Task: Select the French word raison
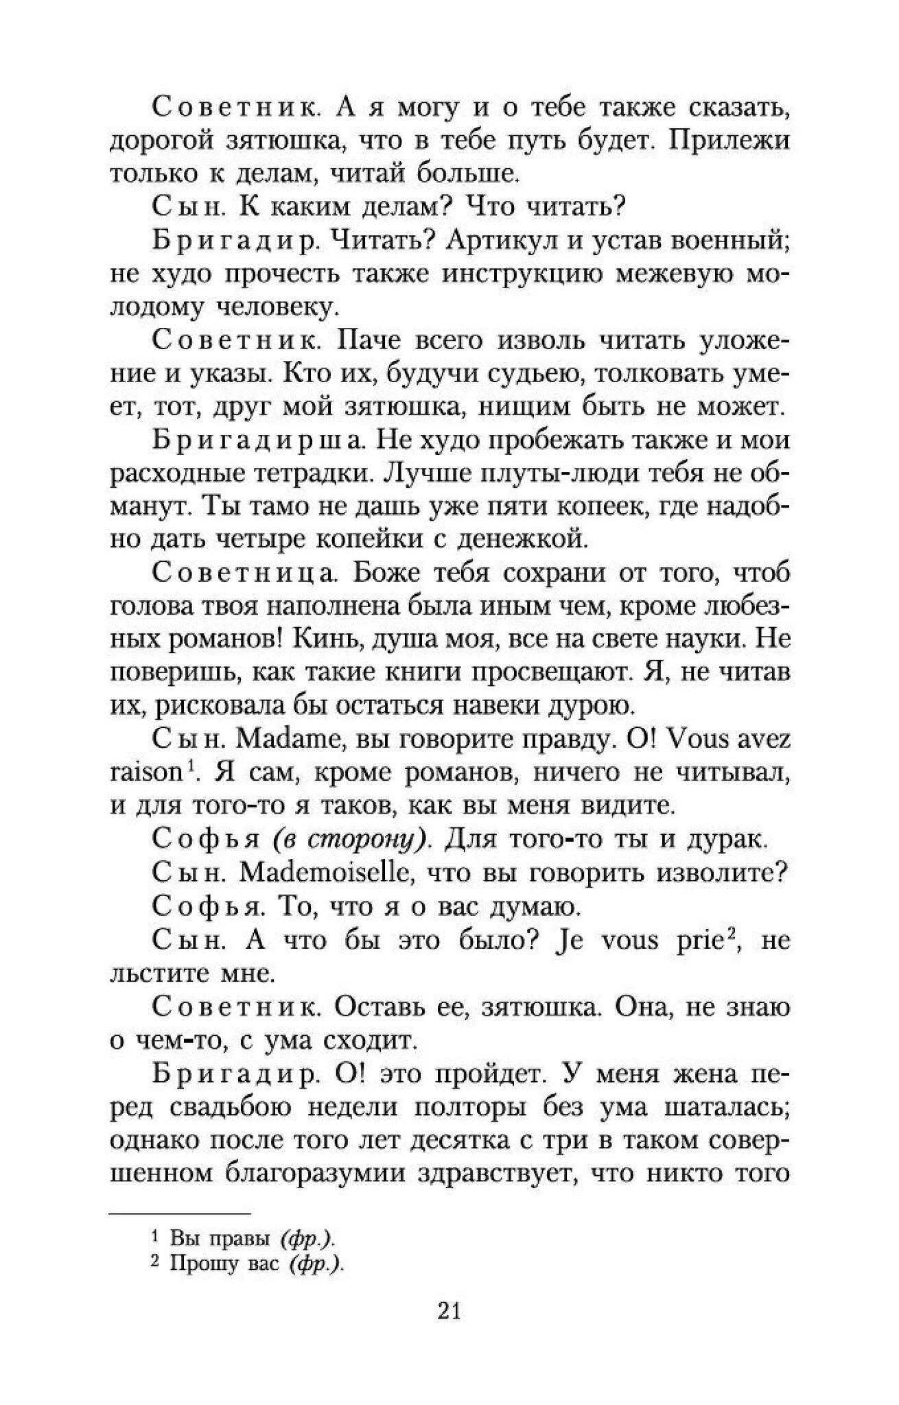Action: click(144, 773)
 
